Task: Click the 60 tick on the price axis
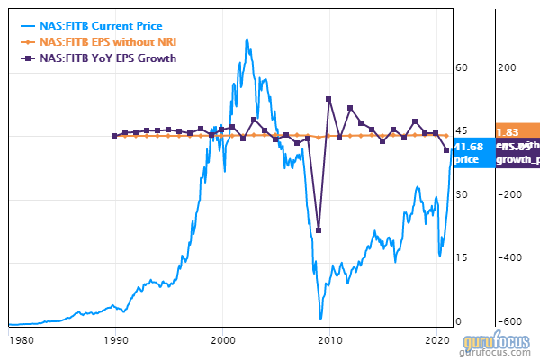point(462,67)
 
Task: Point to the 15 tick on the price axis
point(462,258)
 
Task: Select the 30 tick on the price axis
point(462,194)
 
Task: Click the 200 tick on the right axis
point(508,67)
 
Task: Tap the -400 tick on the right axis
point(509,258)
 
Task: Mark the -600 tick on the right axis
point(509,322)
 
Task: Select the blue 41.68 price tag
point(470,153)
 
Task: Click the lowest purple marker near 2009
point(319,230)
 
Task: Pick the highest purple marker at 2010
point(329,100)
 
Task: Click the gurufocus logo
point(499,346)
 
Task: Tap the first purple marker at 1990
point(114,136)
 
